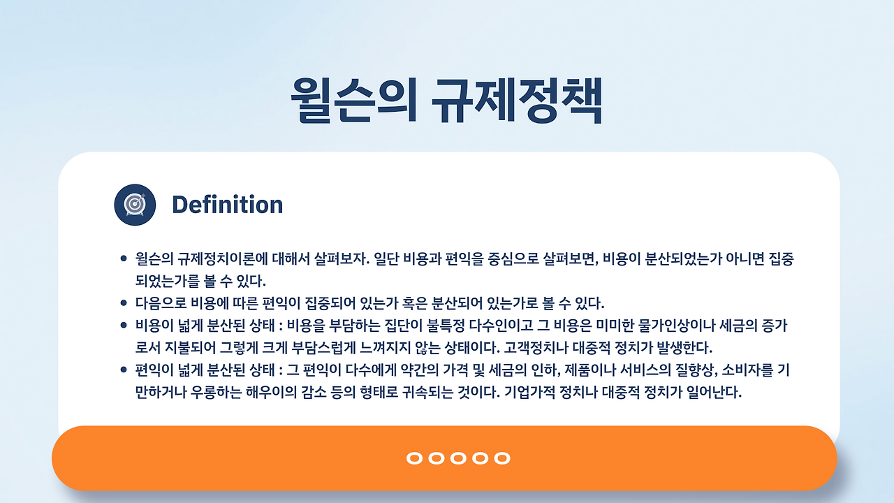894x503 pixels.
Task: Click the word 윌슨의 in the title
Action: coord(354,100)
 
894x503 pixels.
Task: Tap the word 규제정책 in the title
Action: coord(517,100)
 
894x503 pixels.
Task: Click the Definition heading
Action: coord(228,205)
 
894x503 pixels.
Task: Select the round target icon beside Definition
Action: coord(135,205)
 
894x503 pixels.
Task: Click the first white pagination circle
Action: coord(414,458)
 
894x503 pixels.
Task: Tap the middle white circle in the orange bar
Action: coord(458,458)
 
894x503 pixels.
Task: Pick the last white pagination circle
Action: coord(502,458)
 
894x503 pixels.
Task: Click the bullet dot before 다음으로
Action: coord(124,303)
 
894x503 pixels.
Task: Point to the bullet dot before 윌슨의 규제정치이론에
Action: coord(124,258)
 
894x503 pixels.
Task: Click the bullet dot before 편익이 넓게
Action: coord(124,370)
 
